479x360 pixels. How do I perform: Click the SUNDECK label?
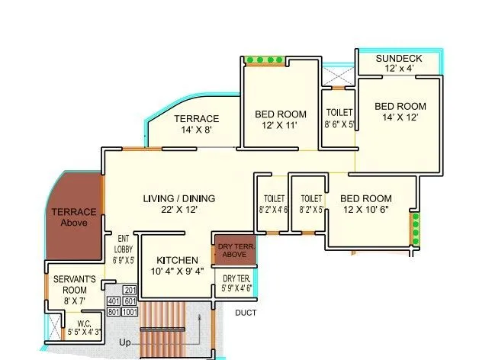click(x=400, y=58)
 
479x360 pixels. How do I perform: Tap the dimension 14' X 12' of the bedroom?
click(x=400, y=117)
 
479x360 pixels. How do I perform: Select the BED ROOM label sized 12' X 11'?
click(x=280, y=114)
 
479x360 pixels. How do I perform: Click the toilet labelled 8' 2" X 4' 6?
click(x=273, y=204)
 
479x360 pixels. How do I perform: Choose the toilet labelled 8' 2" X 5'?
click(x=311, y=204)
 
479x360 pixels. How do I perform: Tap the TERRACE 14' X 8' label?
click(x=196, y=119)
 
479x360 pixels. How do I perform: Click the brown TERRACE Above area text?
click(x=74, y=217)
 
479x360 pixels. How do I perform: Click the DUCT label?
click(x=246, y=313)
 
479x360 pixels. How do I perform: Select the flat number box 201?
click(x=130, y=290)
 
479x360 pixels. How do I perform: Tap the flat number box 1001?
click(x=130, y=311)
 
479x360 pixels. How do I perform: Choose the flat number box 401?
click(x=114, y=301)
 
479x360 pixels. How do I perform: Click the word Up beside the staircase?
click(x=124, y=343)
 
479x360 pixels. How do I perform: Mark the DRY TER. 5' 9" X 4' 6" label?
click(x=236, y=283)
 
